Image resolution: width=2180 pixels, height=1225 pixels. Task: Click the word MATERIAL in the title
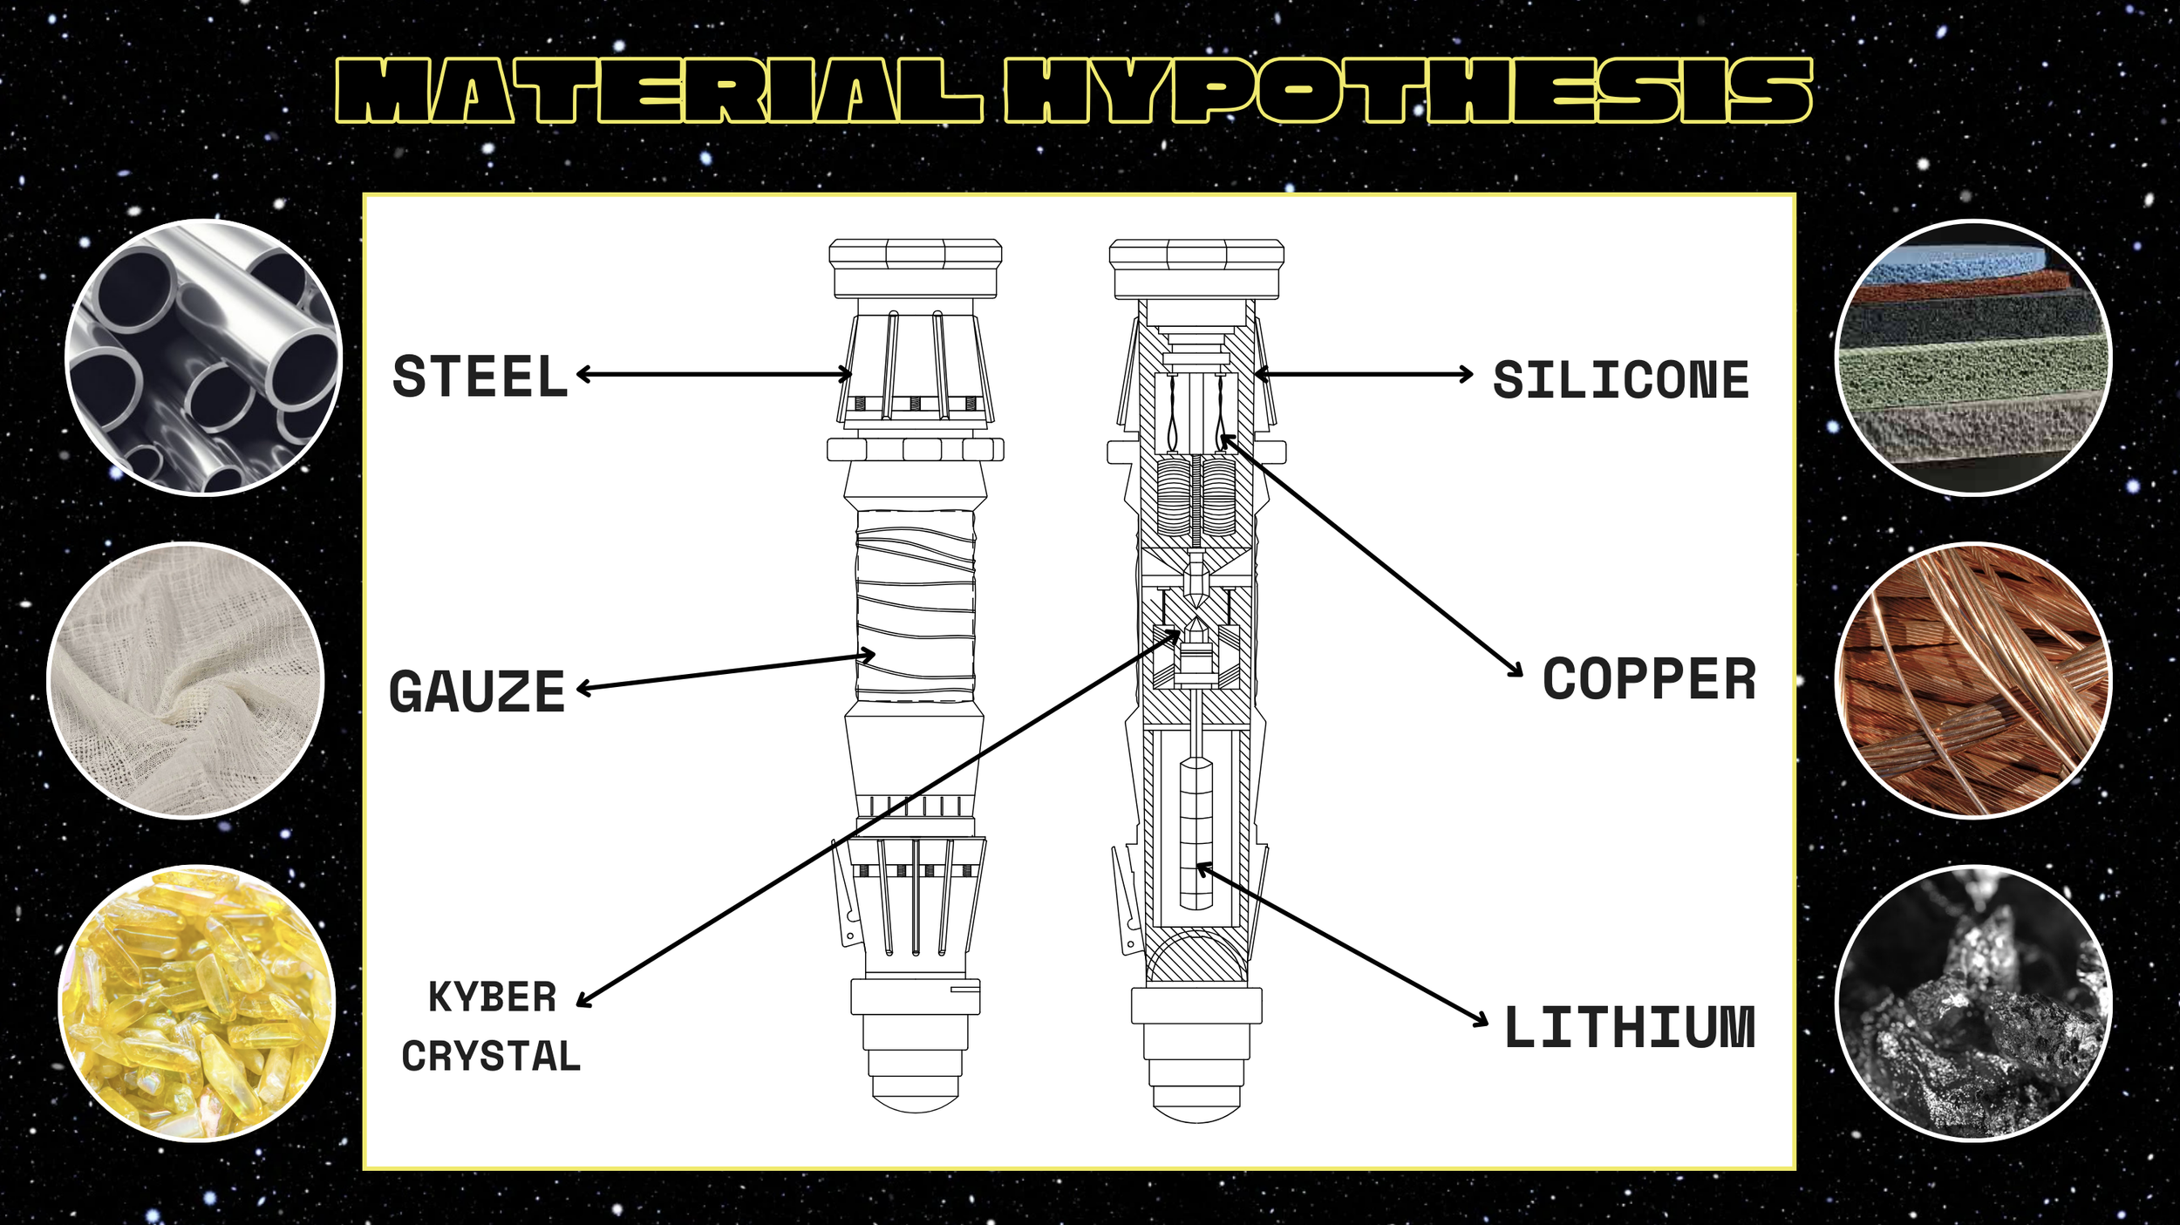(x=659, y=91)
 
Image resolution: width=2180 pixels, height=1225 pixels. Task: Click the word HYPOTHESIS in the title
(x=1407, y=91)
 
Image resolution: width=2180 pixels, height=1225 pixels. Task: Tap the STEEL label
(x=480, y=377)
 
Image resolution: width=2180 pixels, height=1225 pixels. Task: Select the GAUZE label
(x=477, y=691)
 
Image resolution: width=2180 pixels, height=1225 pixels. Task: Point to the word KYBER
(x=493, y=997)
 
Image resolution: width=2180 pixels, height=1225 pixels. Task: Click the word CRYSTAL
(x=491, y=1057)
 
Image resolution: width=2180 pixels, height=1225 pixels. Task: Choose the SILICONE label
(x=1621, y=380)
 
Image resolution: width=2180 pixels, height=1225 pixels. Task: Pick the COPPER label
(x=1649, y=679)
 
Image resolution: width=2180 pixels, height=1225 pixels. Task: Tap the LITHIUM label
(x=1630, y=1027)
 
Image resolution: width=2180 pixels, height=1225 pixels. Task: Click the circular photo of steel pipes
(x=204, y=357)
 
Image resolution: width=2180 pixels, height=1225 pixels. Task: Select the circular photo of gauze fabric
(x=186, y=680)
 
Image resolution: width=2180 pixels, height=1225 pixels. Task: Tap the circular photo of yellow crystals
(x=197, y=1003)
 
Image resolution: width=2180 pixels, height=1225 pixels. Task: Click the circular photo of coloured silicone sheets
(x=1974, y=357)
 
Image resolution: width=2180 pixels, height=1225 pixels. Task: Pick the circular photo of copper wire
(x=1974, y=680)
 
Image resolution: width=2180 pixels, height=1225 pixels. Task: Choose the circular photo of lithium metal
(x=1974, y=1003)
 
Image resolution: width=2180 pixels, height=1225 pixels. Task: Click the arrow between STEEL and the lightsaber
(x=713, y=374)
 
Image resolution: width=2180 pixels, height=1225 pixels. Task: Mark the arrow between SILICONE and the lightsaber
(x=1363, y=374)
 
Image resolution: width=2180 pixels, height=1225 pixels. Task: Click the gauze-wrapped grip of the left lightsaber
(x=915, y=606)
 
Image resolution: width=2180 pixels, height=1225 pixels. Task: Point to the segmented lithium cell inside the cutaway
(x=1196, y=834)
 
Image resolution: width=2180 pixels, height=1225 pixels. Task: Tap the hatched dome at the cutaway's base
(x=1196, y=956)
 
